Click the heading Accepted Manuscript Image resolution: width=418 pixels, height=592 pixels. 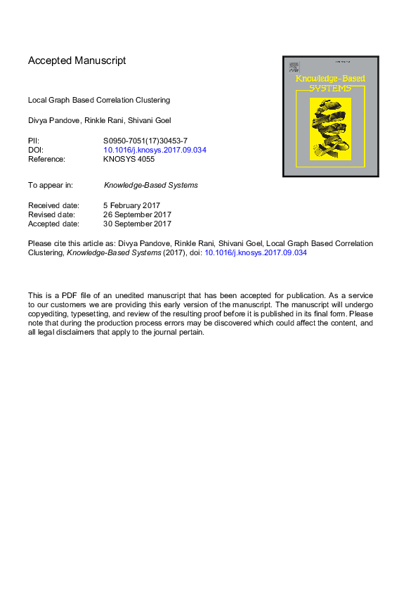pos(77,60)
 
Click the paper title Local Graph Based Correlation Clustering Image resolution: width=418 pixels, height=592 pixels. pos(99,100)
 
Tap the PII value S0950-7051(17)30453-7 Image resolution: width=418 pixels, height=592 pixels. pos(145,141)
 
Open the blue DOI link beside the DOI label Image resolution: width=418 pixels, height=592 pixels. pos(155,150)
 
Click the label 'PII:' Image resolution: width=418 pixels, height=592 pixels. pos(34,141)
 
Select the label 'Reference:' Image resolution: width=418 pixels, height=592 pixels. pos(46,159)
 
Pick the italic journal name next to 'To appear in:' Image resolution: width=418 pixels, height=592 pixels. pos(150,186)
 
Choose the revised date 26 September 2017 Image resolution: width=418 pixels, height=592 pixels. pos(137,214)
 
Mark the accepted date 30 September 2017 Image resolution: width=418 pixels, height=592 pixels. pos(137,224)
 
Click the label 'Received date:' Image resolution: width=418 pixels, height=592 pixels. pos(53,205)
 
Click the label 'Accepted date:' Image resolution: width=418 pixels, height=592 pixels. pos(53,224)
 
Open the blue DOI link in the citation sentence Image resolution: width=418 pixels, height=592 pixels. pos(255,252)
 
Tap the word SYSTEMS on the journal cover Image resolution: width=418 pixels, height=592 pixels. pos(331,88)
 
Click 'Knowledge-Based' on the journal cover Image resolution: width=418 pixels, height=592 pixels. pos(329,79)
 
